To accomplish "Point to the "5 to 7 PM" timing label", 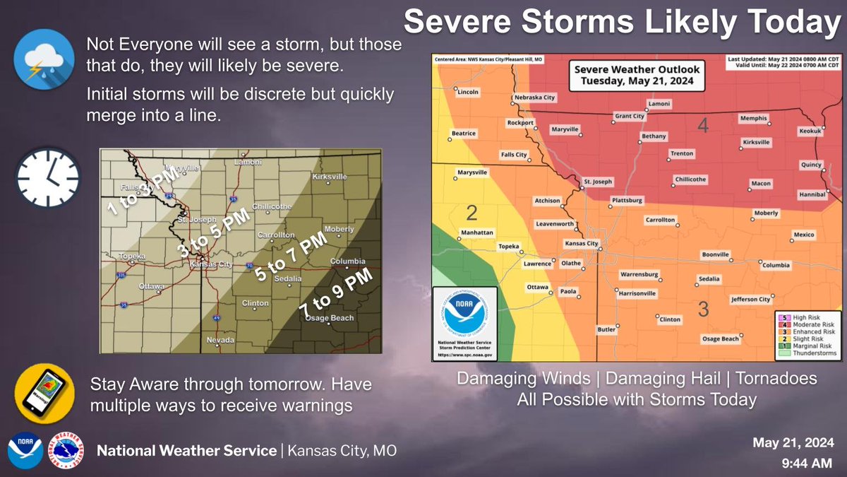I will point(292,257).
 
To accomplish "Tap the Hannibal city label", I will point(811,194).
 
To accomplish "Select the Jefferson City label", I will point(751,300).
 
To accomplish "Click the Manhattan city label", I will point(476,232).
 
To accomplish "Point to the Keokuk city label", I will point(810,131).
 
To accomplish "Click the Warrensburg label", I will point(639,274).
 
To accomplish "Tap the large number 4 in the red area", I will point(702,126).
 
